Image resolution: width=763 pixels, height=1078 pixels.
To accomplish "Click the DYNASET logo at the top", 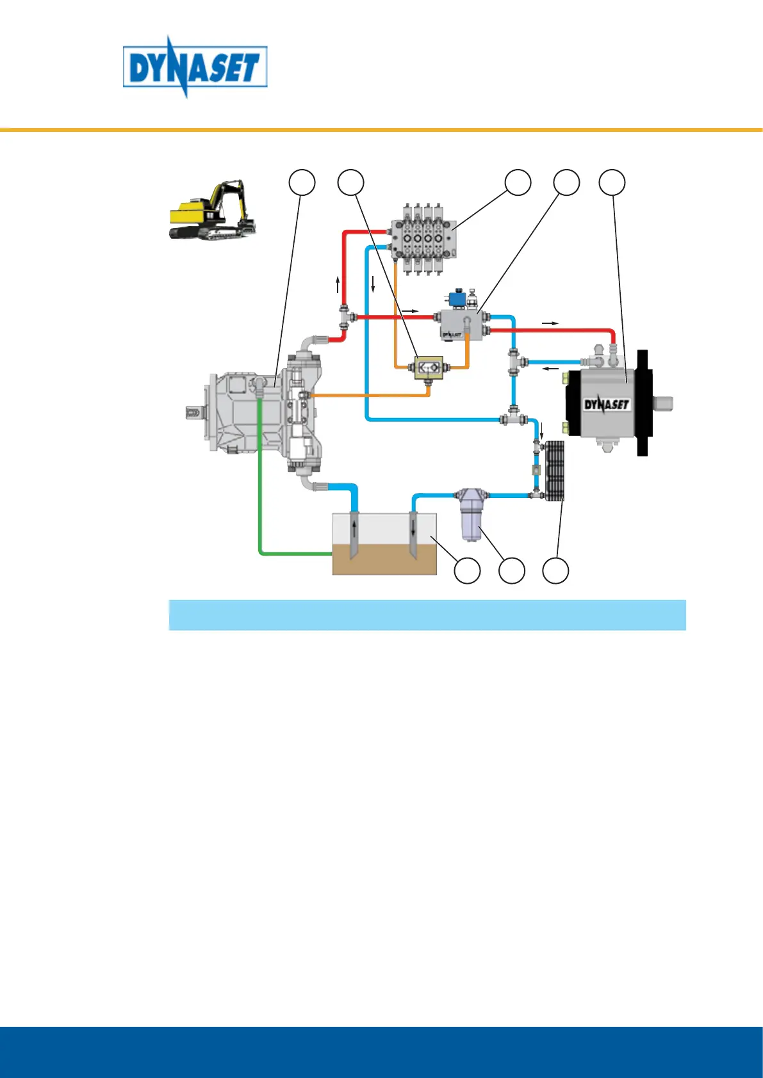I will coord(195,67).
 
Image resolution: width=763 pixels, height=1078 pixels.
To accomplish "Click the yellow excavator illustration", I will coord(212,211).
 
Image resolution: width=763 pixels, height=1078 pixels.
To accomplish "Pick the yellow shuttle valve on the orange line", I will coord(427,367).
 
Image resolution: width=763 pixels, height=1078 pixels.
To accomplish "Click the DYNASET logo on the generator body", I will coord(607,404).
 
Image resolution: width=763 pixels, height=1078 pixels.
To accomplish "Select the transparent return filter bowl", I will coord(471,522).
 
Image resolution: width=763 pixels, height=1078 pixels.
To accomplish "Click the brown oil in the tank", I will coord(384,560).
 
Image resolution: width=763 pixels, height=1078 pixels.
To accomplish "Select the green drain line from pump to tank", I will coord(260,487).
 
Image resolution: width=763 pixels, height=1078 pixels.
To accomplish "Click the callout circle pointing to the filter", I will coord(511,570).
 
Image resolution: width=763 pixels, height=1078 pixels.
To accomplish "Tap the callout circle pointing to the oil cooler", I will coord(556,570).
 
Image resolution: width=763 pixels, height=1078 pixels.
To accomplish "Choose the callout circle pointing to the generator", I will coord(612,182).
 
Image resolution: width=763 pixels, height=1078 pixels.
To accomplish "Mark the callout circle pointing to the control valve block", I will coord(518,182).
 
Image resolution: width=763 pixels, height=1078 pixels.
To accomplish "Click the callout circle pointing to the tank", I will coord(467,570).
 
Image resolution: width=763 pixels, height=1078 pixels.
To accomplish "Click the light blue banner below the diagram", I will coord(427,615).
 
